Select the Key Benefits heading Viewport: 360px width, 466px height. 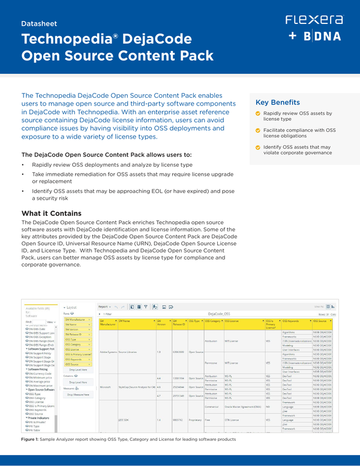pyautogui.click(x=278, y=102)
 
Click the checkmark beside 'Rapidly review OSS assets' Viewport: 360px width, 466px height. pyautogui.click(x=258, y=113)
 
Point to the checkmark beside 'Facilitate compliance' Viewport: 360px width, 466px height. pyautogui.click(x=258, y=130)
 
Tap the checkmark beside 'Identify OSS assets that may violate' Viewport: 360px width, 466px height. pyautogui.click(x=258, y=147)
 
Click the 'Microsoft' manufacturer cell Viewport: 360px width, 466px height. pyautogui.click(x=105, y=386)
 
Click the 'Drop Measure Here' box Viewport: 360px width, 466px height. pyautogui.click(x=78, y=395)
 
